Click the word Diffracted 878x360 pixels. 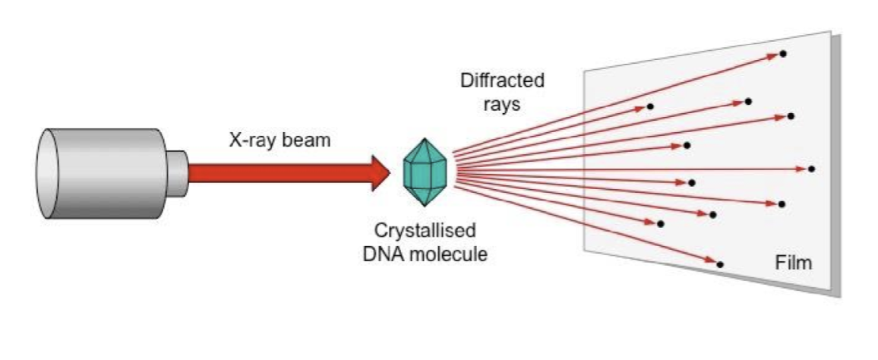click(x=502, y=81)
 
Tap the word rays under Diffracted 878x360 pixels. click(x=502, y=104)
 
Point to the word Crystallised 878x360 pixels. click(x=425, y=230)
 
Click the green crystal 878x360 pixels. click(x=425, y=172)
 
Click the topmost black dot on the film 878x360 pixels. click(x=782, y=54)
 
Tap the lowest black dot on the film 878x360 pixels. click(x=719, y=264)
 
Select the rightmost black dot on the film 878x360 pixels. click(x=811, y=169)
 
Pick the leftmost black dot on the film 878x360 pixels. click(x=650, y=107)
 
